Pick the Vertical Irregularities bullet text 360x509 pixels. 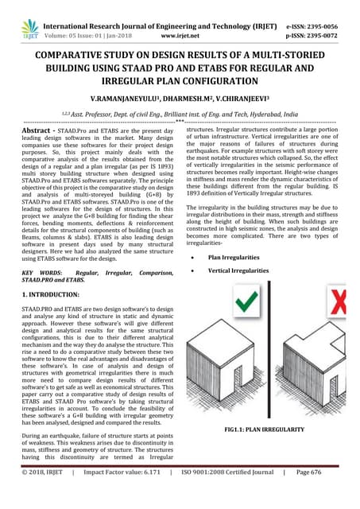(x=238, y=271)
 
